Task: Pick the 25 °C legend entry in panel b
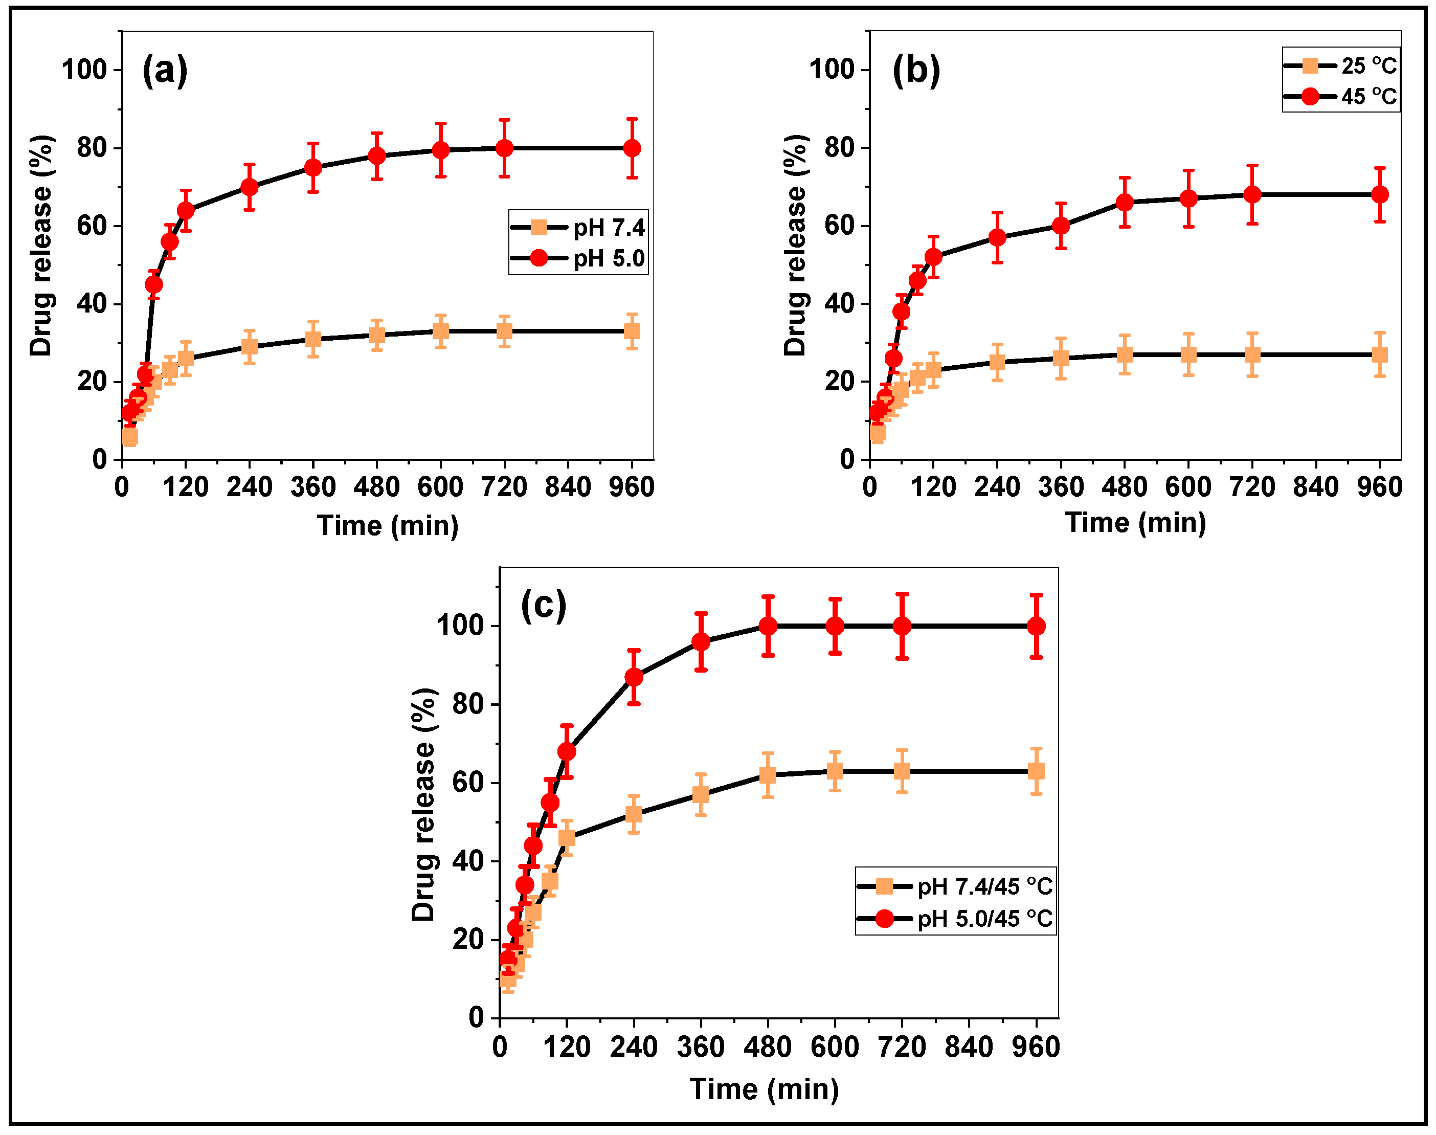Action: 1341,66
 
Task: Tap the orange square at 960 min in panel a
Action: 632,331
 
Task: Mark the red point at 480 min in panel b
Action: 1125,202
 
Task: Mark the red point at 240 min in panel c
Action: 634,677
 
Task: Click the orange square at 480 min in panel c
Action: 768,775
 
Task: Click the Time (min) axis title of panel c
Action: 764,1088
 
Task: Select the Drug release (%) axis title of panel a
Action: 41,246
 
